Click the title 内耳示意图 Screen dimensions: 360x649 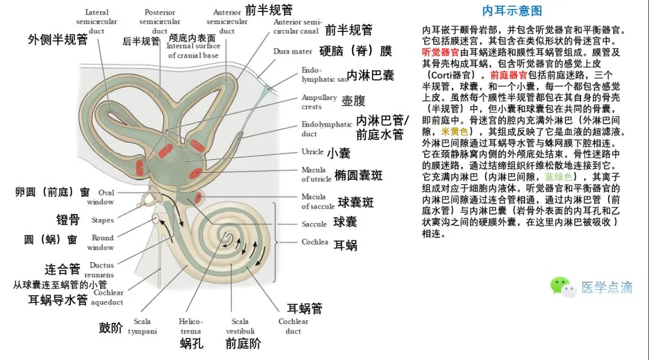(x=513, y=11)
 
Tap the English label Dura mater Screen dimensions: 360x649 (x=293, y=52)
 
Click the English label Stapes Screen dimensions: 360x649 (x=102, y=221)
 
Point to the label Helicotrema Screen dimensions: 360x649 (x=190, y=326)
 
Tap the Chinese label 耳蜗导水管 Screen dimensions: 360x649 (x=58, y=300)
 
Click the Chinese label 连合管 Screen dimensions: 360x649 (x=62, y=268)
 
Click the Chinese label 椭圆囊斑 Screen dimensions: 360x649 (x=358, y=175)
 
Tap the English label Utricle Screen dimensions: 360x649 (x=312, y=151)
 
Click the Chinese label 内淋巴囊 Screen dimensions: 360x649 (x=371, y=76)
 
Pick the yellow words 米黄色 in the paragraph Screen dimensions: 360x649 (x=454, y=131)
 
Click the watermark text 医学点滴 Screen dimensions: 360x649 (x=606, y=287)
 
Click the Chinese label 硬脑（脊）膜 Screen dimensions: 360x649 (x=356, y=51)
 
